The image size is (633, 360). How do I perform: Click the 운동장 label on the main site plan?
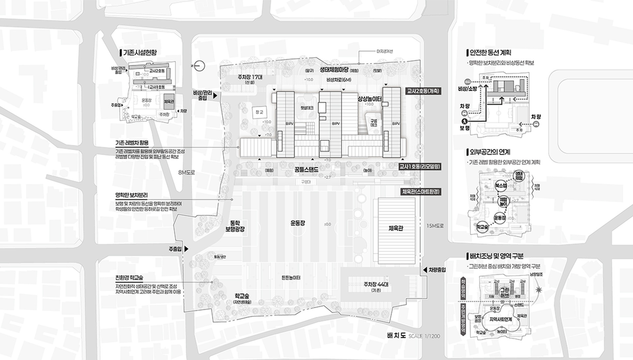click(x=298, y=223)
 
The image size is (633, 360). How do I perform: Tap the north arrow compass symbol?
click(x=199, y=66)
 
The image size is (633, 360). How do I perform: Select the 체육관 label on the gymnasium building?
click(x=396, y=228)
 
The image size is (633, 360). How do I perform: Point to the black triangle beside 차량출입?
click(x=425, y=270)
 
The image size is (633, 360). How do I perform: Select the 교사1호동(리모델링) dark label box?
click(x=420, y=167)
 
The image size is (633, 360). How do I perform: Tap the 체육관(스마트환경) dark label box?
click(x=421, y=192)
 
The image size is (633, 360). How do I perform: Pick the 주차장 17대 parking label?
click(x=250, y=77)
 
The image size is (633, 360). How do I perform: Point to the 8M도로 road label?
click(x=187, y=172)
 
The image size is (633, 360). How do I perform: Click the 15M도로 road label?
click(x=435, y=226)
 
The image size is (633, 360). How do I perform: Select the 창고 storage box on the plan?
click(x=260, y=112)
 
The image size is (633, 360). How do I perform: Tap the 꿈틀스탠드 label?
click(x=306, y=170)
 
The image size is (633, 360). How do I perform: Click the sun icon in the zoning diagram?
click(x=539, y=290)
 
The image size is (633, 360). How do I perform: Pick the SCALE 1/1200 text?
click(x=424, y=336)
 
